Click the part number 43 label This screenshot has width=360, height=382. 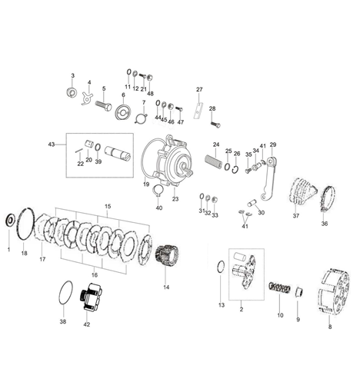pos(52,144)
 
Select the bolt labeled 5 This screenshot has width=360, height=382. pos(104,105)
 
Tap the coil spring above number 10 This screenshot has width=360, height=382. pos(279,287)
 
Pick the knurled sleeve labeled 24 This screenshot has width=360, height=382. pos(213,161)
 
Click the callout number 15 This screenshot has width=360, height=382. pos(108,206)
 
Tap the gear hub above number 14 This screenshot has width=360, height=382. pos(168,254)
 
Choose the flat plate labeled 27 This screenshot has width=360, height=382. pos(198,110)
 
